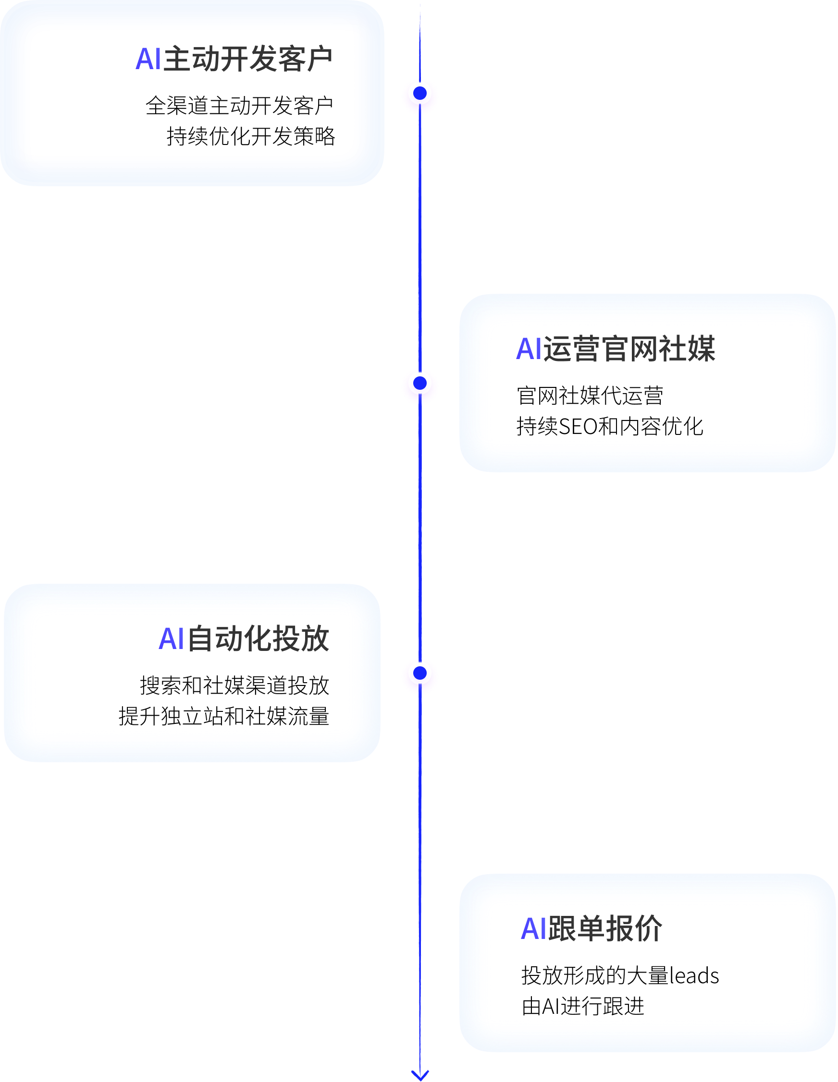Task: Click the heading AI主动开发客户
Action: coord(234,59)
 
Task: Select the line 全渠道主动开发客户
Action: coord(239,106)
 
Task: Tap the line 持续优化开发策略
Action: coord(251,136)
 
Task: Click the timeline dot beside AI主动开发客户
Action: coord(420,93)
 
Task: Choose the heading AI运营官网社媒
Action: coord(616,349)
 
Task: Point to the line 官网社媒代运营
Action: coord(590,396)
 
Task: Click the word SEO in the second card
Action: coord(578,427)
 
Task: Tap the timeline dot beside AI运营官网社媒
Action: coord(420,383)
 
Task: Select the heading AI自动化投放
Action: coord(244,638)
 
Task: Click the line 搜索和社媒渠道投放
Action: coord(234,685)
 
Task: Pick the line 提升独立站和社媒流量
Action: coord(223,716)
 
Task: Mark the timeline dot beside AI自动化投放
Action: coord(420,673)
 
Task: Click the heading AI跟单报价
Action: coord(591,928)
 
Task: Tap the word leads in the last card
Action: coord(694,975)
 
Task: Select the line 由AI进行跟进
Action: coord(583,1006)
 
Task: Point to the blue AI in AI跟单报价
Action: coord(533,928)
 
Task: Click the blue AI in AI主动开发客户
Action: coord(148,59)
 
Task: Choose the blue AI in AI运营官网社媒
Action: coord(529,349)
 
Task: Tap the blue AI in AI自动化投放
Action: coord(171,638)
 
